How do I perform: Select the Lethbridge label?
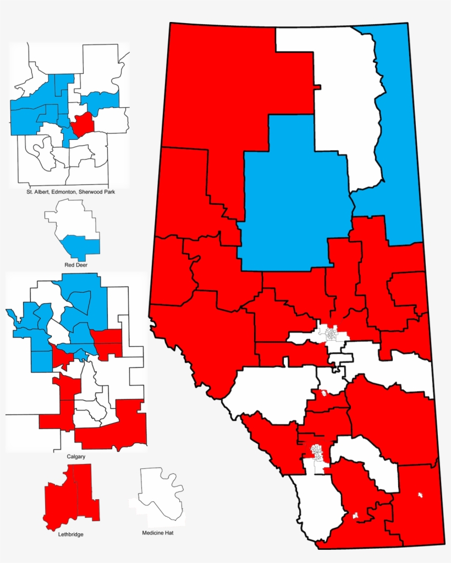(x=71, y=534)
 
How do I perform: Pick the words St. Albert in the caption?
(x=38, y=192)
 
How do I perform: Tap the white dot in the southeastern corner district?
(x=421, y=495)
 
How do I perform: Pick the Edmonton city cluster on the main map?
(x=332, y=334)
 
